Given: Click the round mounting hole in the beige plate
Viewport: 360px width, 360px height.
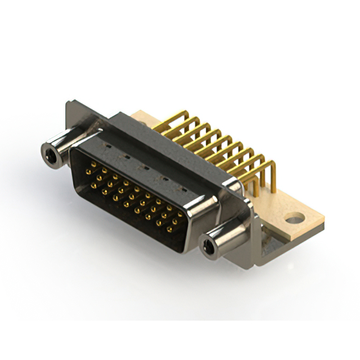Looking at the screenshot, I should tap(295, 217).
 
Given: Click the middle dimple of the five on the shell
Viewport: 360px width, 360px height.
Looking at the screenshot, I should tap(145, 168).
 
